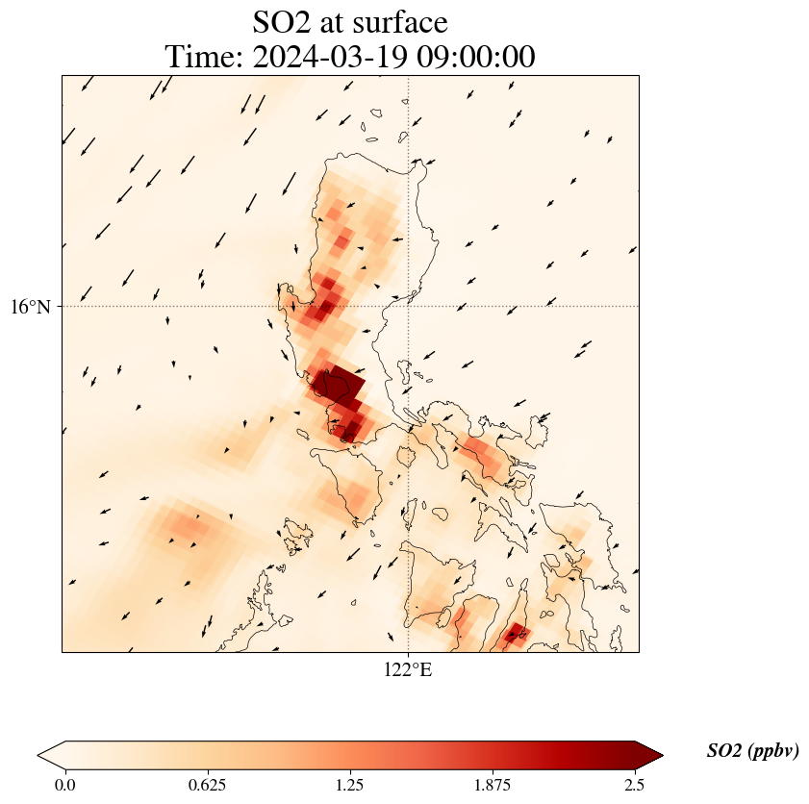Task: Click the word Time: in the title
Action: click(x=204, y=57)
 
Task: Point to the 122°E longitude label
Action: click(x=409, y=669)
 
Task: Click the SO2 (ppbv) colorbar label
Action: click(x=752, y=751)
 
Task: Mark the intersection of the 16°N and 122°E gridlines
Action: click(x=409, y=307)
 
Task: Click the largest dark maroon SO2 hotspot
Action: click(x=339, y=384)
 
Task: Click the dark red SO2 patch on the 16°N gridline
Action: click(x=325, y=308)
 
